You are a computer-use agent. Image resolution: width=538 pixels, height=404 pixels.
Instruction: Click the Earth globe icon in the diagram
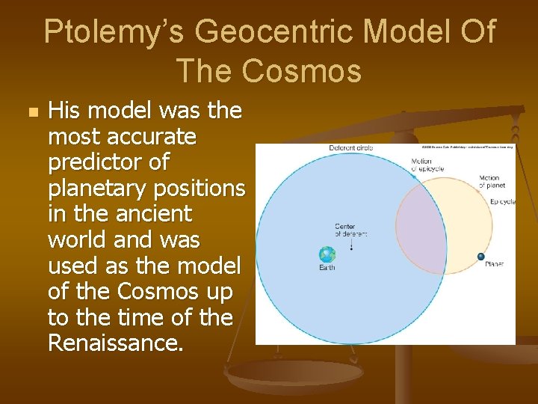(327, 254)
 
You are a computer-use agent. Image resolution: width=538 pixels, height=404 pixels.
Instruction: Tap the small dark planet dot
(481, 257)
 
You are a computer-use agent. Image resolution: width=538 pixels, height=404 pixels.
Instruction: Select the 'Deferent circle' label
(350, 148)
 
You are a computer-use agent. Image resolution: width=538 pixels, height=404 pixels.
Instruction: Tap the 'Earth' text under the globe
(327, 267)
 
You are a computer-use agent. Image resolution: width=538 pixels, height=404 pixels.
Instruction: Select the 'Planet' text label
(494, 264)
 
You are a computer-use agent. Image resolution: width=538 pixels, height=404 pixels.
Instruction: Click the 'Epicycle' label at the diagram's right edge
(502, 202)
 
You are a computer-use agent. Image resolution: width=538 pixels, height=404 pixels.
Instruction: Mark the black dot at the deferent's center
(352, 248)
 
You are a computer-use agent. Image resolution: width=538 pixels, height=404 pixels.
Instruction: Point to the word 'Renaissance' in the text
(114, 343)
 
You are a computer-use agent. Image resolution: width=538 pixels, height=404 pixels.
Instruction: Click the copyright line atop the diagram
(463, 147)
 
